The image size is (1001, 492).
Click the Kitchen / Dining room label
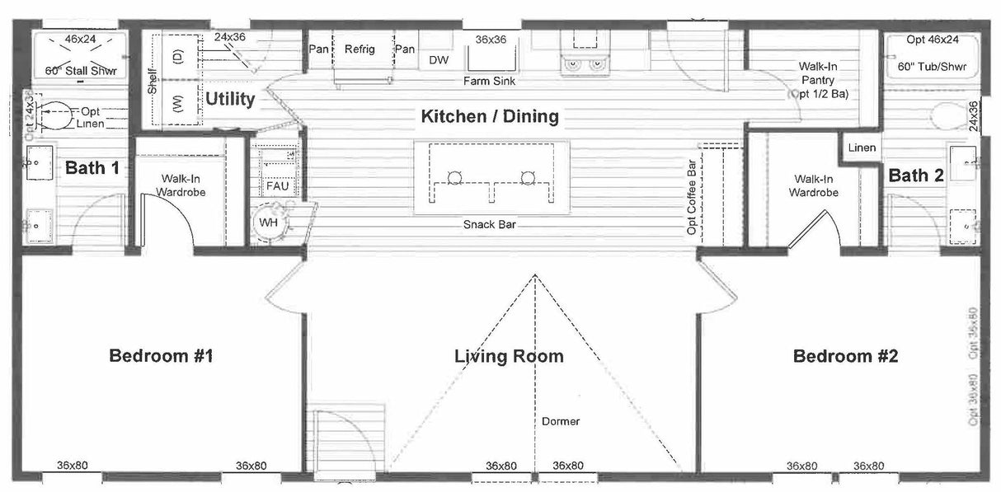click(490, 116)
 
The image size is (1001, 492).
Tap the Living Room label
click(509, 356)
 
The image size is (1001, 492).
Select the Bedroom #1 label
click(162, 356)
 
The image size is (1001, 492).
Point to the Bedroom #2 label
click(845, 356)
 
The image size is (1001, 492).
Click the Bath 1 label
click(92, 168)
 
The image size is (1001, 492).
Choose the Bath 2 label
click(915, 175)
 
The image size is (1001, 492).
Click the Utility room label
click(230, 100)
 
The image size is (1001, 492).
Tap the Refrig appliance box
click(360, 50)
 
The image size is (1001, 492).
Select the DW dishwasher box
click(439, 59)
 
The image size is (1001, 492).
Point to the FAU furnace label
click(277, 186)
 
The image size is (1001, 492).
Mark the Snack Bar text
click(489, 224)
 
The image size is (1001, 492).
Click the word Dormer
click(561, 421)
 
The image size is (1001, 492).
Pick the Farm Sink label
click(491, 82)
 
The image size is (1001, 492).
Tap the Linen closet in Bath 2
click(862, 148)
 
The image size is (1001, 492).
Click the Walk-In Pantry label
click(819, 80)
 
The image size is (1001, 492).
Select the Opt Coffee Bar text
click(692, 197)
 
